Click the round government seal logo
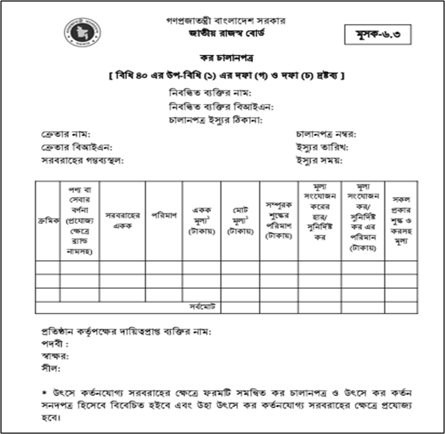pos(82,33)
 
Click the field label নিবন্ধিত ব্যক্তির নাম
pos(210,93)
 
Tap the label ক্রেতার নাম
pos(65,135)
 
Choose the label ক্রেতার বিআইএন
pos(76,148)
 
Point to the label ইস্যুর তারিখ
pos(322,148)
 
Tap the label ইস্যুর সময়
pos(319,161)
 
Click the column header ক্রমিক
pos(48,220)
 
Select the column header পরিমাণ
pos(163,215)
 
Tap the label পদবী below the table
pos(53,344)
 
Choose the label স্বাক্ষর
pos(54,356)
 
